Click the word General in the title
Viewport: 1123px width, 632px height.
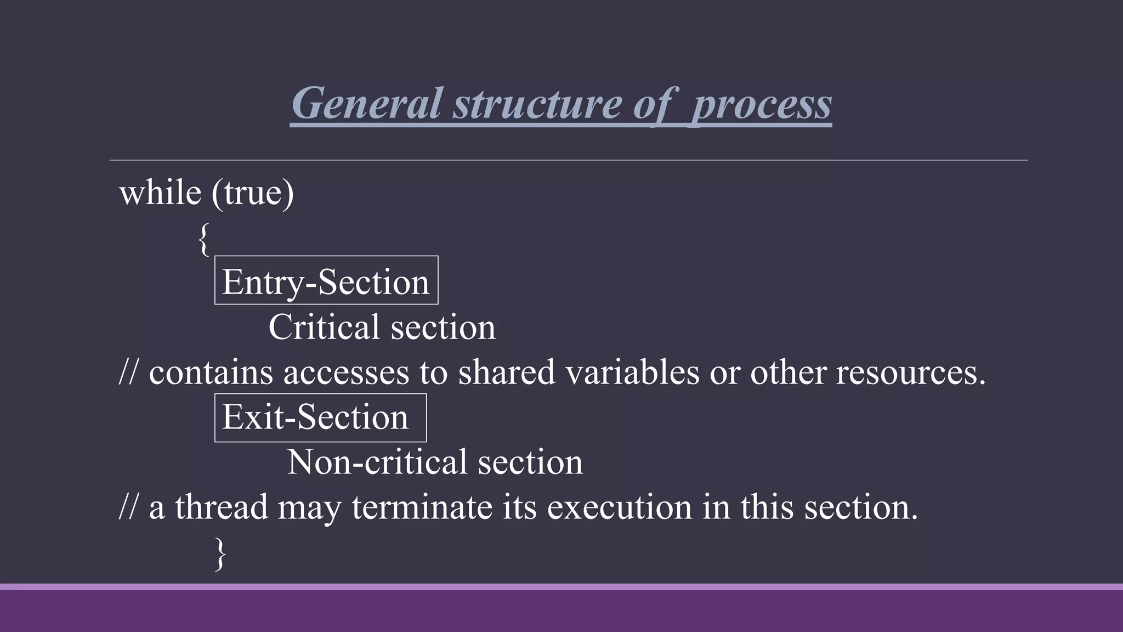(x=366, y=103)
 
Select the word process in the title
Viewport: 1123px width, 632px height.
(x=762, y=104)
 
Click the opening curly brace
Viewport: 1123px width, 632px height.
(x=203, y=239)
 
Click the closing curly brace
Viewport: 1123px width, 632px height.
(x=220, y=554)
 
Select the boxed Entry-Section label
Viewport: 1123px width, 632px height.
(x=326, y=281)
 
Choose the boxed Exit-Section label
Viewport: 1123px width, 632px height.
(x=316, y=417)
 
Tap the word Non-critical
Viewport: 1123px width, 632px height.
(x=377, y=462)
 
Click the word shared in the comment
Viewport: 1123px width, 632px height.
(x=507, y=372)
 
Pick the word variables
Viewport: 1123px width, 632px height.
(x=632, y=372)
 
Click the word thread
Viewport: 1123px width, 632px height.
(x=222, y=506)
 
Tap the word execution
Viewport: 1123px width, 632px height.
(x=620, y=506)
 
